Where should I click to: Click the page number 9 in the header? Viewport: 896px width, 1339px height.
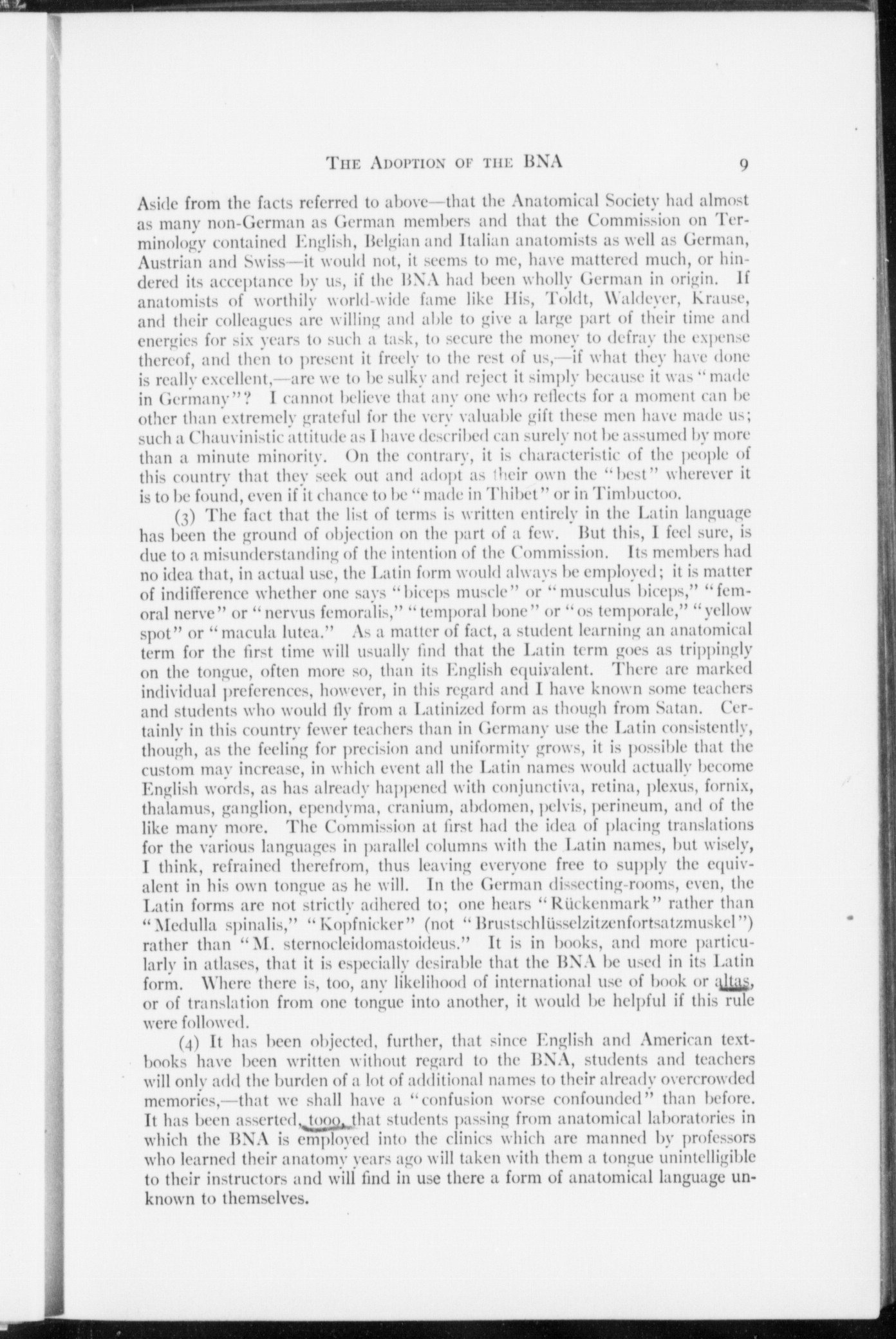(743, 164)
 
